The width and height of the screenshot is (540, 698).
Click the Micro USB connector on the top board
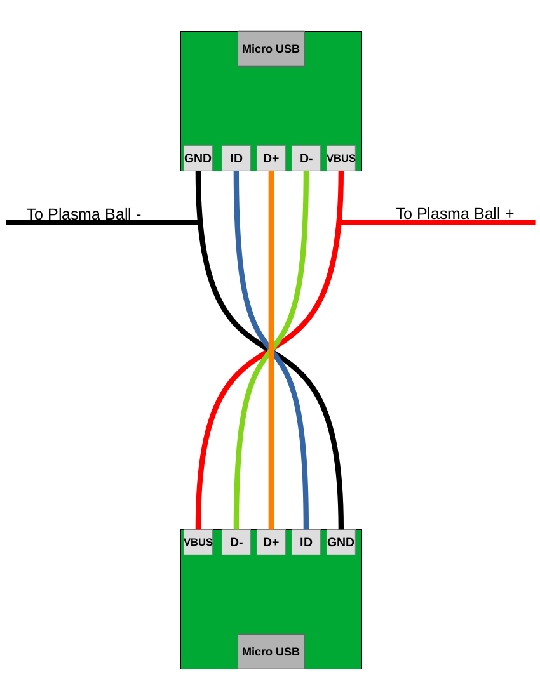click(271, 49)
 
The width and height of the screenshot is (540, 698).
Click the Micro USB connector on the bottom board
click(271, 651)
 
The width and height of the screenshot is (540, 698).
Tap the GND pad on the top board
click(198, 158)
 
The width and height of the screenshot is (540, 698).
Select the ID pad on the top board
click(236, 158)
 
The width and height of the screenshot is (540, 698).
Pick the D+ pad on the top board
click(271, 158)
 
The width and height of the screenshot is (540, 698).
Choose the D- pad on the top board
click(306, 158)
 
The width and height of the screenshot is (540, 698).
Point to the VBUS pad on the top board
click(341, 158)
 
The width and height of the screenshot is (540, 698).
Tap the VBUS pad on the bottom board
click(198, 542)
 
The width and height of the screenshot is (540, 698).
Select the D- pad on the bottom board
click(236, 542)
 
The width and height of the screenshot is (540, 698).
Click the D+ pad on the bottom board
click(271, 542)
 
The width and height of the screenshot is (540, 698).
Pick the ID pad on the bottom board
click(306, 542)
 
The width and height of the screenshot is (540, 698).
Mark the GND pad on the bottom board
click(341, 542)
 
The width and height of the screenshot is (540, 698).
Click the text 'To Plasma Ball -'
click(84, 214)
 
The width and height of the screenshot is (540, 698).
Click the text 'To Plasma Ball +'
click(455, 213)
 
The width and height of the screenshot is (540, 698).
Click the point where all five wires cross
click(271, 350)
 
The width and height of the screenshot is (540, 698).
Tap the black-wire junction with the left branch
click(199, 223)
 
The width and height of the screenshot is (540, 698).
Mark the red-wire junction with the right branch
click(341, 223)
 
